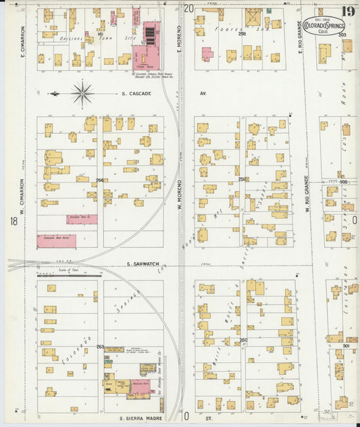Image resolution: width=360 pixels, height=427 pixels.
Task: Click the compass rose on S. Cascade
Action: coord(82,93)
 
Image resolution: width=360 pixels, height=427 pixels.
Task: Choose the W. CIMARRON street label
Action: coord(22,192)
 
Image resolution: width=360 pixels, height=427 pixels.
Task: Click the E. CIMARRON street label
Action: coord(22,41)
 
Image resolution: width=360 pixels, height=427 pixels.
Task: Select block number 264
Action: coord(100,180)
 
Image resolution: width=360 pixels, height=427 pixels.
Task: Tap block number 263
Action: coord(100,347)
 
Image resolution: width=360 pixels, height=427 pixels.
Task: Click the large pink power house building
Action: coord(149,45)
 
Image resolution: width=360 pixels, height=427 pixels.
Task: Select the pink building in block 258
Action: coord(207,53)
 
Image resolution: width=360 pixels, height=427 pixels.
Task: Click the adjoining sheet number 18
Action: coord(13,222)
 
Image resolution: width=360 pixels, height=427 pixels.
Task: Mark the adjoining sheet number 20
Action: coord(188,8)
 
